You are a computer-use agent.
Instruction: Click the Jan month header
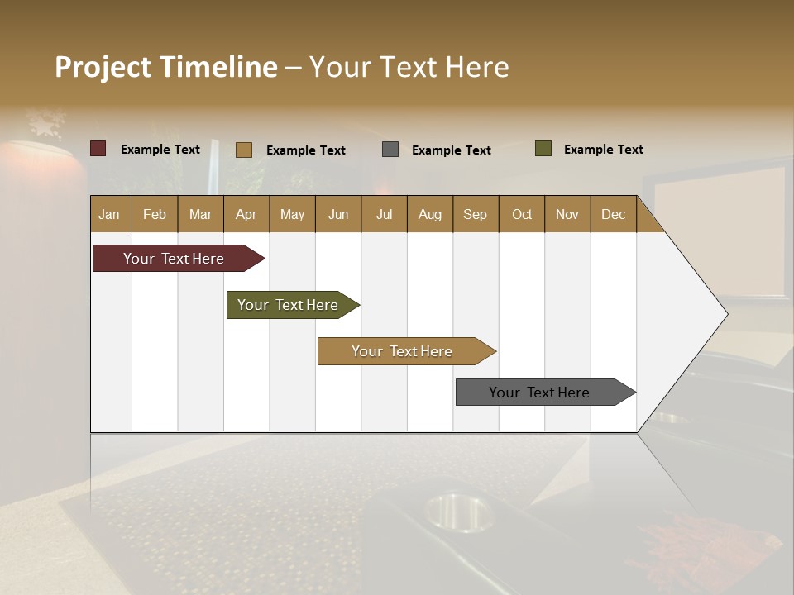(110, 214)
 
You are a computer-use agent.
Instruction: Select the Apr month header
(246, 214)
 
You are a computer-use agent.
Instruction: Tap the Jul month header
(384, 214)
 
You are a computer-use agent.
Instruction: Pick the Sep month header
(476, 214)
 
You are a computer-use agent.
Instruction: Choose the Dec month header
(613, 214)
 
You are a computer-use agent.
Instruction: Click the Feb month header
(155, 214)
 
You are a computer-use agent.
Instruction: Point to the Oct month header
(522, 214)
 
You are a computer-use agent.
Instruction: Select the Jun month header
(338, 214)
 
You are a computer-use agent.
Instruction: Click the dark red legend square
(98, 149)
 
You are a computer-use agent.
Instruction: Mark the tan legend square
(244, 150)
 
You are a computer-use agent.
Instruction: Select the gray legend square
(390, 150)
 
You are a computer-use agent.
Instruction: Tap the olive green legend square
(543, 149)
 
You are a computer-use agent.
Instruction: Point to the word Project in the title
(102, 67)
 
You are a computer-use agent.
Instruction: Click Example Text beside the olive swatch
(603, 150)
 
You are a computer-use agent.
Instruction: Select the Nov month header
(567, 214)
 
